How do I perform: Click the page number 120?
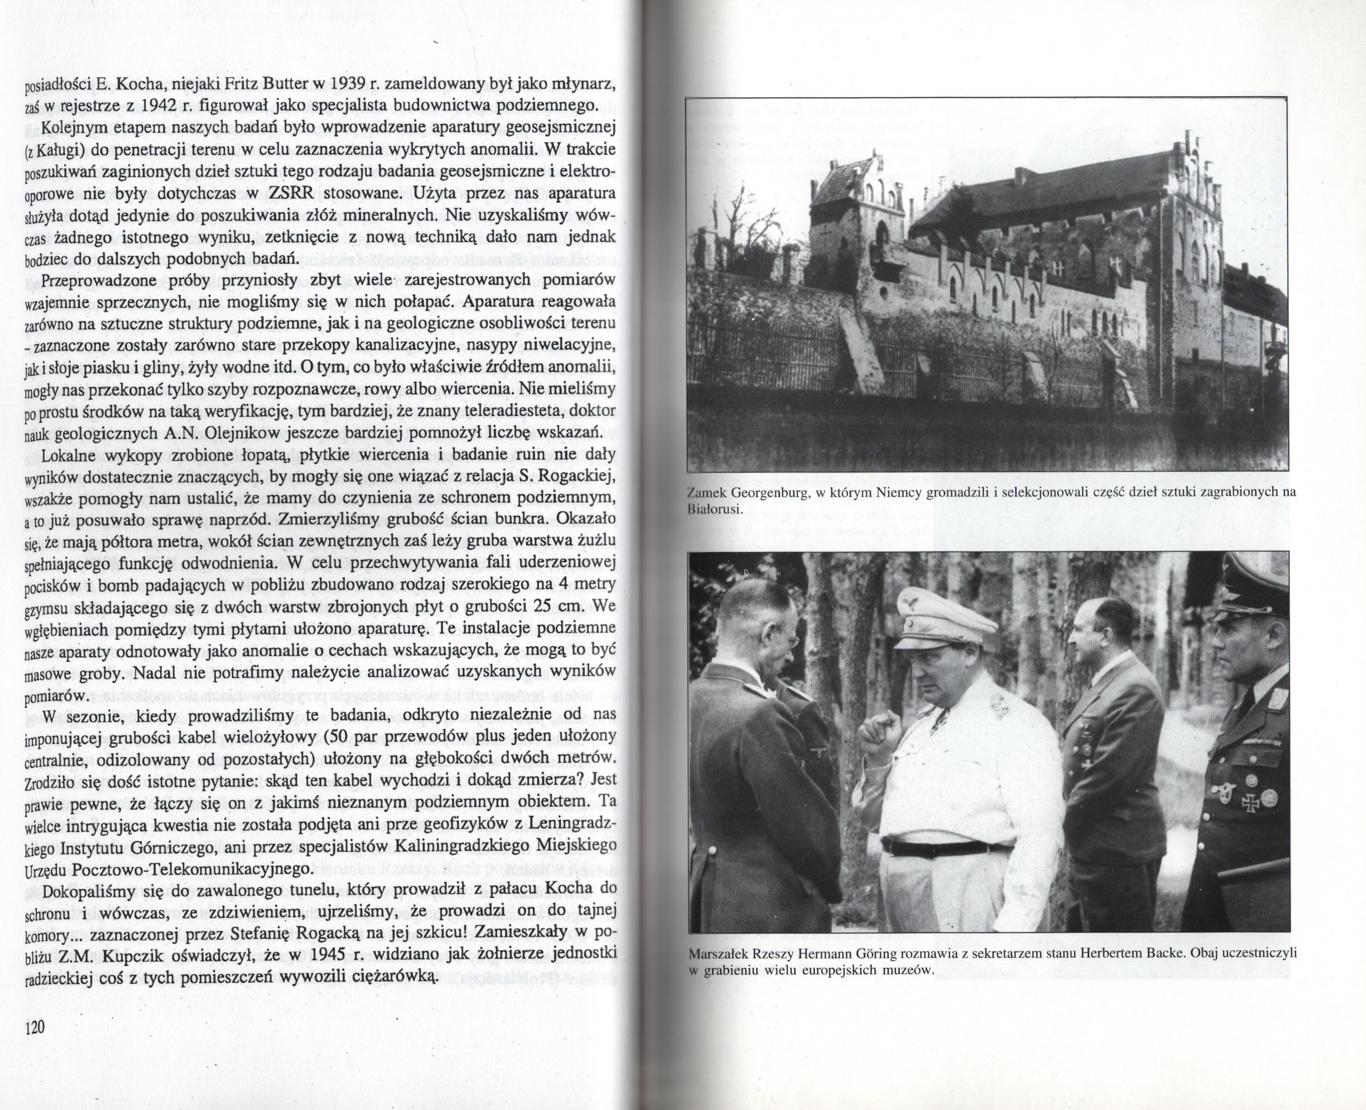click(34, 1028)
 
